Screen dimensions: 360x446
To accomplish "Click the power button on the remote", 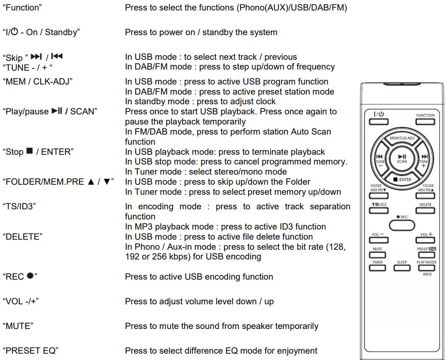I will (x=378, y=121).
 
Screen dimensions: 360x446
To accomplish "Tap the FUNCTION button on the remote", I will (x=425, y=121).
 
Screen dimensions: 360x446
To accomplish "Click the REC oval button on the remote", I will (x=402, y=225).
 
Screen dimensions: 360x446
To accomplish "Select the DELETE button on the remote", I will (x=425, y=211).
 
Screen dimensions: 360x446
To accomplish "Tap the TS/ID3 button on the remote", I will (x=378, y=211).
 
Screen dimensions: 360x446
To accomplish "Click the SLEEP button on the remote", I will (x=402, y=268).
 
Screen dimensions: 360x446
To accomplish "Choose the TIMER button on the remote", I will (x=378, y=268).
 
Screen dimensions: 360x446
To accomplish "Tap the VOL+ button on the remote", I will (x=425, y=240).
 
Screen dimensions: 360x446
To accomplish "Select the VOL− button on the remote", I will (x=378, y=240).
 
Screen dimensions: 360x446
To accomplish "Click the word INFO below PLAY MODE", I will (x=427, y=274).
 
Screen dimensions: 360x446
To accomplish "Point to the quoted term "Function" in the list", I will (x=22, y=8).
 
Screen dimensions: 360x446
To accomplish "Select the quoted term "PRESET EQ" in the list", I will (x=30, y=351).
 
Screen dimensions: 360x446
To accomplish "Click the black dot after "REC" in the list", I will (x=30, y=276).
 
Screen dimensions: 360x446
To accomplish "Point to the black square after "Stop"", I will (x=30, y=151).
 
